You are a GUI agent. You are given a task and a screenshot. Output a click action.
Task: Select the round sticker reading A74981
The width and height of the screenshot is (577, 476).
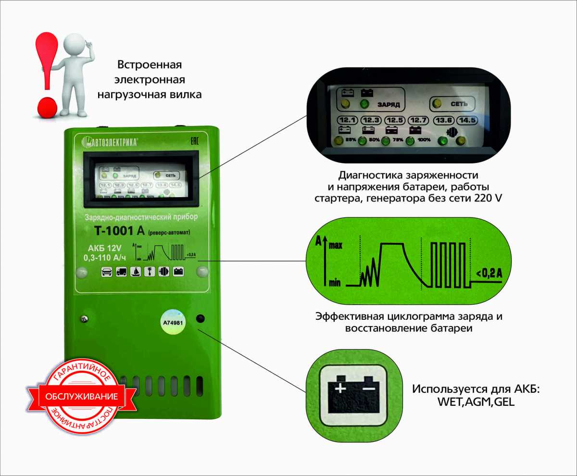pyautogui.click(x=172, y=323)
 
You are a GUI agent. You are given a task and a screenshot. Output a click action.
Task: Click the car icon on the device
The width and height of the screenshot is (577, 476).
pyautogui.click(x=107, y=272)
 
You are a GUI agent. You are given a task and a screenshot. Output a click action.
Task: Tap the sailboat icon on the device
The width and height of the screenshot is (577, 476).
pyautogui.click(x=136, y=272)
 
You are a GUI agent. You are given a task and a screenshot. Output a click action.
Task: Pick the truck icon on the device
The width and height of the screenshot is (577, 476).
pyautogui.click(x=121, y=272)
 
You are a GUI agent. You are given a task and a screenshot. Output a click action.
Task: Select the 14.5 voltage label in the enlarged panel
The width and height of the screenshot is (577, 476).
pyautogui.click(x=466, y=120)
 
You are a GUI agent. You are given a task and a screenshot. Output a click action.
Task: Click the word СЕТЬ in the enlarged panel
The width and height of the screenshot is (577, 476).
pyautogui.click(x=456, y=103)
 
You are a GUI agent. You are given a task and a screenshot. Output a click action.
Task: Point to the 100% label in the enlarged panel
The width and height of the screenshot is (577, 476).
pyautogui.click(x=425, y=141)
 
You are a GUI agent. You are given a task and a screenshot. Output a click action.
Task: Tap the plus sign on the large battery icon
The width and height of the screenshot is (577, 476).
pyautogui.click(x=340, y=388)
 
